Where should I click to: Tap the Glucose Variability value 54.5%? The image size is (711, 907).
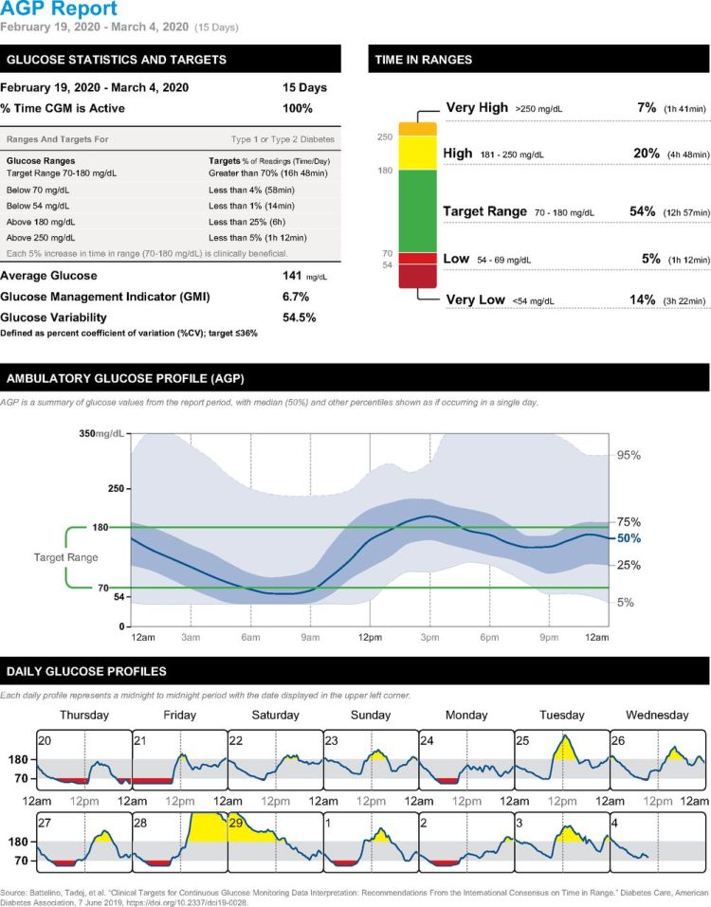click(x=300, y=317)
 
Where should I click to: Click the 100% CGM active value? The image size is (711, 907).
click(x=299, y=108)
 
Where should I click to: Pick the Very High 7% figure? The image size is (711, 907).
click(x=647, y=108)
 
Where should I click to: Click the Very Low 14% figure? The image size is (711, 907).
click(x=643, y=299)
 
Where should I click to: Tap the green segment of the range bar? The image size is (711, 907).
click(x=417, y=210)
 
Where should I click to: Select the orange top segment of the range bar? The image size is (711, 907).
click(x=417, y=128)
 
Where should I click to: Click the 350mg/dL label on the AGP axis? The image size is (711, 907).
click(x=101, y=433)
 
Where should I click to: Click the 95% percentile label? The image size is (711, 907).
click(x=629, y=455)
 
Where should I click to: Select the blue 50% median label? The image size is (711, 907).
click(x=629, y=538)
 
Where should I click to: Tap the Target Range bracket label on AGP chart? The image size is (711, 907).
click(x=66, y=558)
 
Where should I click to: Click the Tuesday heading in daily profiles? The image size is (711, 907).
click(x=561, y=715)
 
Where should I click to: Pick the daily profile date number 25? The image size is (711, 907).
click(x=523, y=739)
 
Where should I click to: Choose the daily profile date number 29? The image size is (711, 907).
click(x=237, y=822)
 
